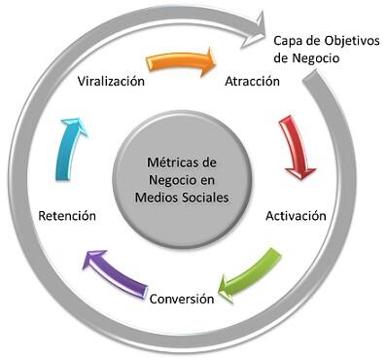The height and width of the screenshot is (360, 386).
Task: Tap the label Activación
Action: click(x=295, y=216)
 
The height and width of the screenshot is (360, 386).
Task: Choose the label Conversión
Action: click(x=181, y=299)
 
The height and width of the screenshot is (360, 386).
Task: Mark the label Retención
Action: click(x=66, y=216)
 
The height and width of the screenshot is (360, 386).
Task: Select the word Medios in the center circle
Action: click(x=161, y=198)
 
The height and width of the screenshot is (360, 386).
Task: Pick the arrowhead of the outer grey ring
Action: click(x=263, y=21)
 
